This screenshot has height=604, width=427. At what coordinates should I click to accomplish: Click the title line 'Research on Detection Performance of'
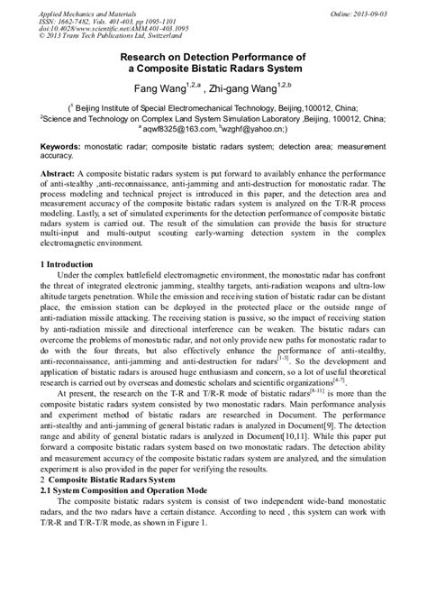(213, 56)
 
